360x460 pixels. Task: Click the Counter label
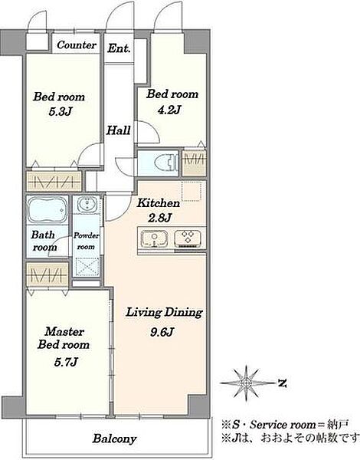[x=77, y=45]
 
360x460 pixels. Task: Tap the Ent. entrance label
[x=119, y=48]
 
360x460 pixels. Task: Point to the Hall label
[x=118, y=130]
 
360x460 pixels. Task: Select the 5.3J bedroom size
[x=60, y=111]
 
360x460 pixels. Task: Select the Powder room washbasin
[x=87, y=204]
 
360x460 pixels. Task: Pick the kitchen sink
[x=154, y=238]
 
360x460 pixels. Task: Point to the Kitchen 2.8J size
[x=159, y=218]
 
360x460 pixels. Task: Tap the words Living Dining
[x=164, y=313]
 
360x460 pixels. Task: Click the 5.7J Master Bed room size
[x=66, y=363]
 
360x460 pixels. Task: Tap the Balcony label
[x=114, y=439]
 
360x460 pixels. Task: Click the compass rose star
[x=247, y=383]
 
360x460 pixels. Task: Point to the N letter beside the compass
[x=282, y=383]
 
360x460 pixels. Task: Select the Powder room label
[x=87, y=241]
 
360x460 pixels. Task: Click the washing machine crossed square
[x=87, y=267]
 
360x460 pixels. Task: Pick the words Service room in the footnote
[x=279, y=425]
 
